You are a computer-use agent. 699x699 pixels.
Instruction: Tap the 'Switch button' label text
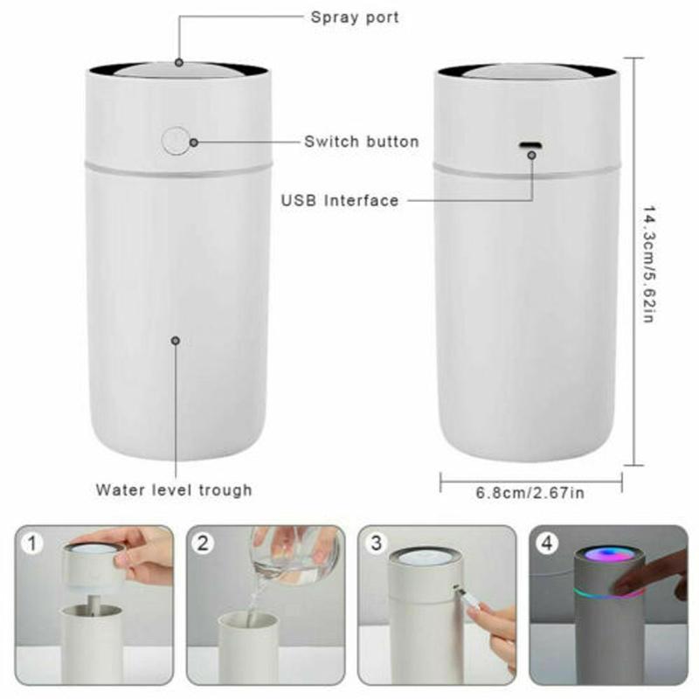tap(361, 142)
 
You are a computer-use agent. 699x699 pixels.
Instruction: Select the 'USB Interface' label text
tap(340, 200)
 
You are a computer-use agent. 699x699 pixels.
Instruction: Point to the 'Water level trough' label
tap(174, 490)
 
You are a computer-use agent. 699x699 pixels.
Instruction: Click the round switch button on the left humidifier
tap(176, 142)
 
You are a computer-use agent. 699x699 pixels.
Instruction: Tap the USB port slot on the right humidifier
tap(529, 145)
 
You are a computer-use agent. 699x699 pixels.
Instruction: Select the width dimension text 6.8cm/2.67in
tap(529, 493)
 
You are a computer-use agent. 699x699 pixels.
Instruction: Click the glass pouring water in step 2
tap(288, 550)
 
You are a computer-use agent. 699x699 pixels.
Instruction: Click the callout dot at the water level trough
tap(176, 341)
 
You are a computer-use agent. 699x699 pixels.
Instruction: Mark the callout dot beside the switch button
tap(194, 142)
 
